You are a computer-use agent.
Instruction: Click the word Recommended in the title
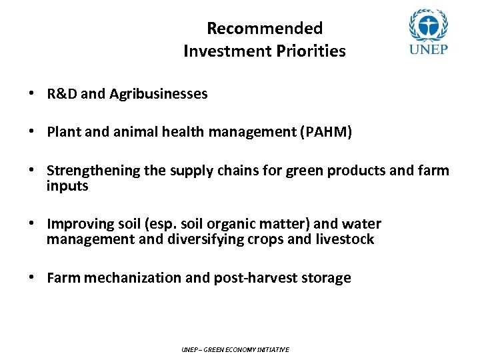(265, 28)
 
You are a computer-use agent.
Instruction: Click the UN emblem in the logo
(427, 25)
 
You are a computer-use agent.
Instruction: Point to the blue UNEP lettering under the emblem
(427, 51)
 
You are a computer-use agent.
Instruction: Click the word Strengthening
(90, 171)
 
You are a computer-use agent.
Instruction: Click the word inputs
(67, 186)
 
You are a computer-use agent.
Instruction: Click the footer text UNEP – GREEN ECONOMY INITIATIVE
(235, 349)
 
